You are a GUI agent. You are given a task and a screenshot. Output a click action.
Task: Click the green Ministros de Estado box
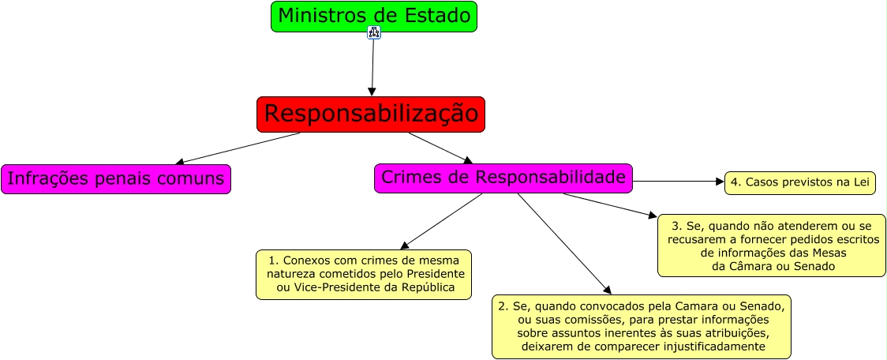tap(374, 16)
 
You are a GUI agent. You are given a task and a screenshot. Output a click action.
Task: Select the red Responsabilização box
tap(371, 114)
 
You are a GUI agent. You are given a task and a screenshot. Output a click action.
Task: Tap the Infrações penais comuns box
tap(116, 179)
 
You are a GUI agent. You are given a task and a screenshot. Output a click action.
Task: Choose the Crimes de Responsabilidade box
tap(503, 178)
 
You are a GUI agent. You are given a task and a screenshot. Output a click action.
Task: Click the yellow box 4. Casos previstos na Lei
tap(801, 182)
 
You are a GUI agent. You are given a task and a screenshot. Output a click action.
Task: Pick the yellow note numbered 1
tap(364, 274)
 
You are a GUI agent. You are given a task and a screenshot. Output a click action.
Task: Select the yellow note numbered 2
tap(642, 326)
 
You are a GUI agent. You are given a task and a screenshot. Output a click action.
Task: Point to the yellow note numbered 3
tap(772, 246)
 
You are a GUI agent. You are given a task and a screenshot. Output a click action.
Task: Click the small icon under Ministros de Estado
tap(374, 32)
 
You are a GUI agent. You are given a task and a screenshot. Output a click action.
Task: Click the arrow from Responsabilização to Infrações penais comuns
tap(237, 148)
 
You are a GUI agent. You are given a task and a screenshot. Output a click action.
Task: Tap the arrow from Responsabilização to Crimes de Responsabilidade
tap(440, 148)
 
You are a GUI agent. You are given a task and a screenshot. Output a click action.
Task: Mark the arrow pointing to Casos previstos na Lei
tap(679, 181)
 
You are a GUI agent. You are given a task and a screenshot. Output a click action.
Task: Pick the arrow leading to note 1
tap(442, 221)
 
